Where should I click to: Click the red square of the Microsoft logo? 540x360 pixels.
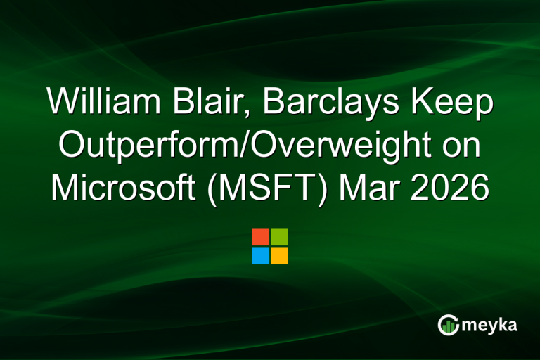coord(260,236)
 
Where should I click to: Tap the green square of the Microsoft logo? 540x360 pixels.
coord(279,236)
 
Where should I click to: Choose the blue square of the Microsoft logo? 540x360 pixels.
coord(260,255)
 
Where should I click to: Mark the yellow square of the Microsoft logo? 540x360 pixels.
coord(279,255)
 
